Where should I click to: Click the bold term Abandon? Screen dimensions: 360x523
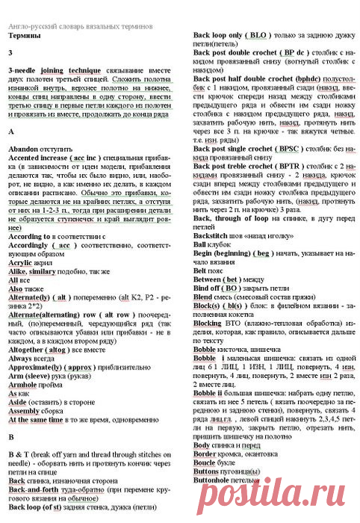22,150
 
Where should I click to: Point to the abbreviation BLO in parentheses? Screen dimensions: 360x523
260,35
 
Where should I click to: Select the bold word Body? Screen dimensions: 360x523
202,463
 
